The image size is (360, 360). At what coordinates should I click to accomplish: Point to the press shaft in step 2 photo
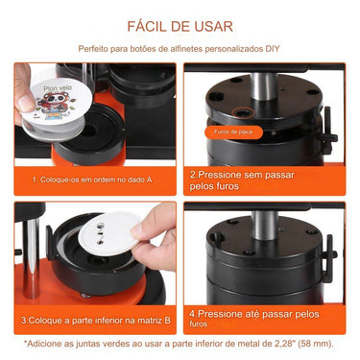coord(259,78)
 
